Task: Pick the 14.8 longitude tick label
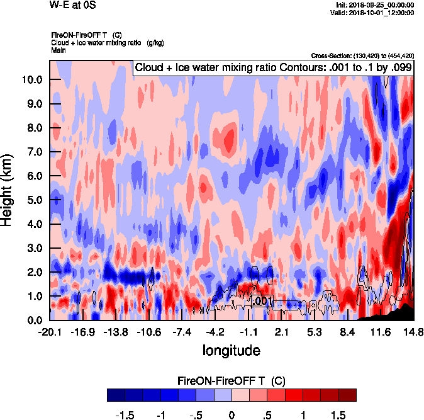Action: pos(413,332)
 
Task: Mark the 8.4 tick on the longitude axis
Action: pos(348,332)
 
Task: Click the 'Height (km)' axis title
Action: pos(8,190)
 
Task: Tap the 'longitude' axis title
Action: pos(231,349)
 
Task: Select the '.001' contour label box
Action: pos(262,302)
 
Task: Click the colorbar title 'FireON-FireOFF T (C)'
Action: pos(232,381)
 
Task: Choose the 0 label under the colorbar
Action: pos(232,416)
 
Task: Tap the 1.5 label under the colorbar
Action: pos(338,416)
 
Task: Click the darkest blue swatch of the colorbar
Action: pos(116,395)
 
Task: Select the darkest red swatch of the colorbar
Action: pos(347,395)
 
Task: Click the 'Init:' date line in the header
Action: pos(376,4)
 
